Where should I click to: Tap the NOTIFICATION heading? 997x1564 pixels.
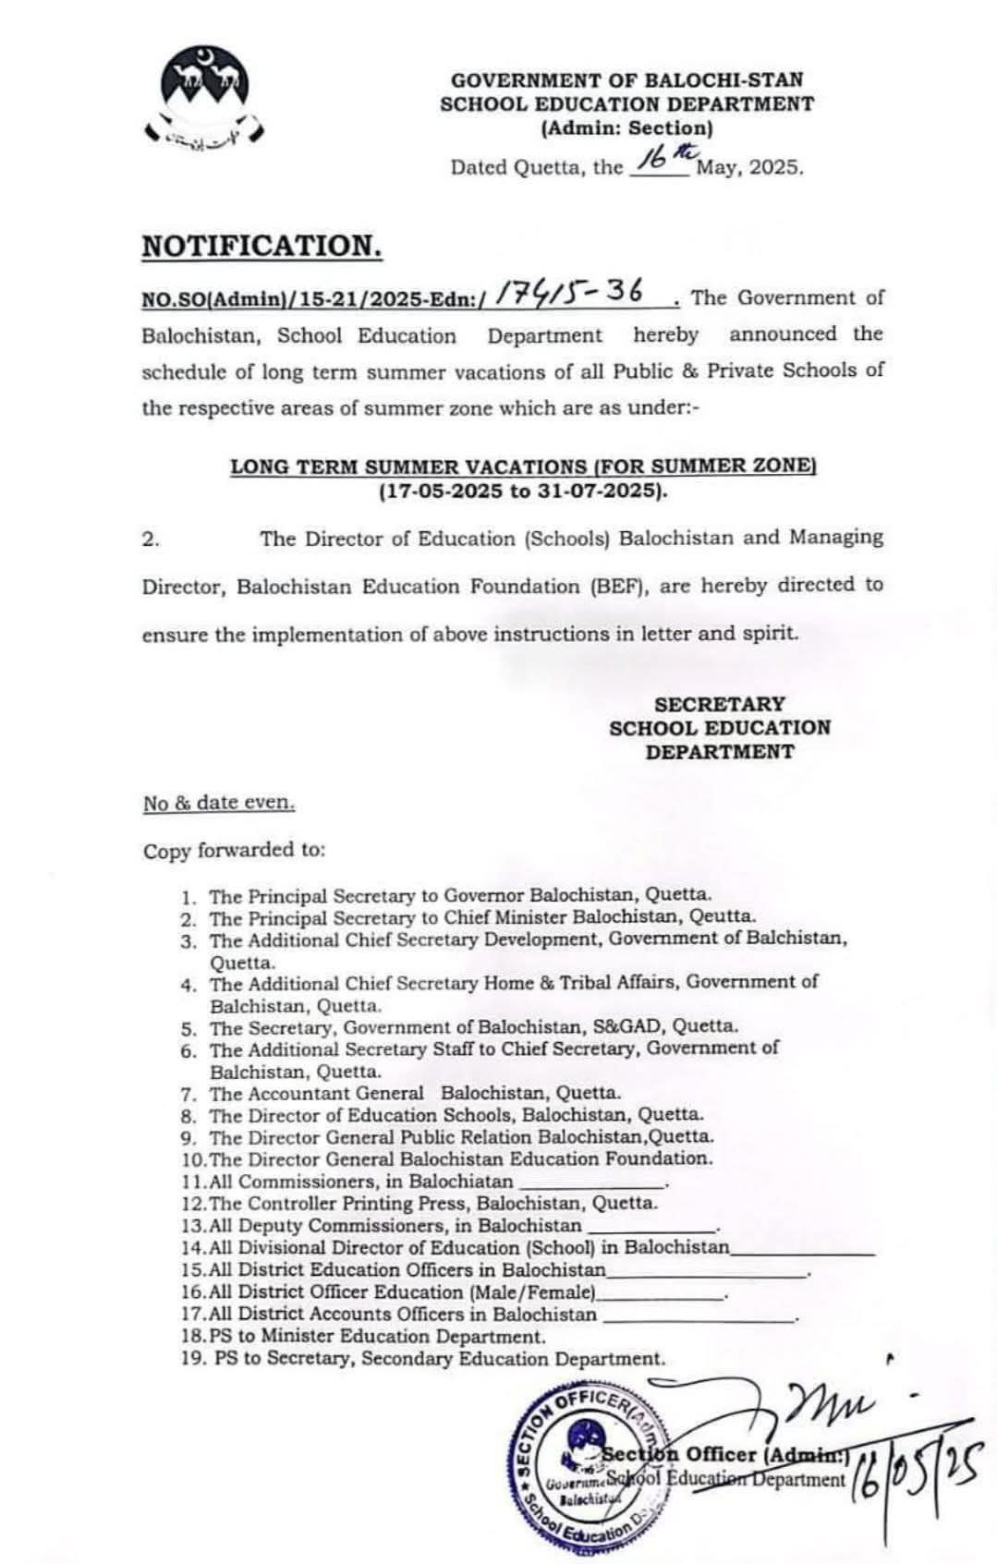pyautogui.click(x=261, y=246)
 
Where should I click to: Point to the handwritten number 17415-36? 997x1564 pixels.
pyautogui.click(x=569, y=293)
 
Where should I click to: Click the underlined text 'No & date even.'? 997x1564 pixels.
pyautogui.click(x=219, y=803)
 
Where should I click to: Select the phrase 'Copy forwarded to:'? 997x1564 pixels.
pyautogui.click(x=234, y=850)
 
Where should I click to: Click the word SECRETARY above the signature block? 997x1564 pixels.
pyautogui.click(x=719, y=704)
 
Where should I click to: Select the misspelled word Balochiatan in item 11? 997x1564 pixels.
pyautogui.click(x=460, y=1182)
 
